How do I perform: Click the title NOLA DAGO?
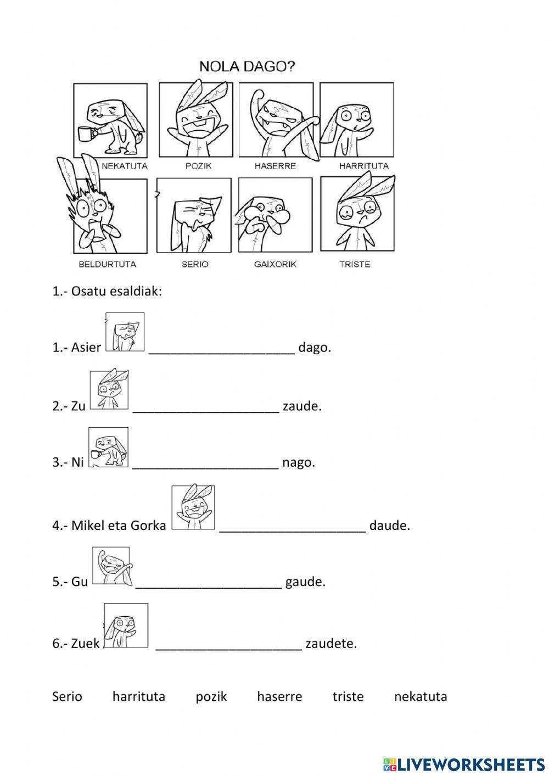[x=247, y=66]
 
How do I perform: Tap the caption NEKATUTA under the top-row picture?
[x=125, y=166]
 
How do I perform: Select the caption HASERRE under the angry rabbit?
[x=276, y=166]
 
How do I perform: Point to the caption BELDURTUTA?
[x=108, y=264]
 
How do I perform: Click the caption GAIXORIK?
[x=276, y=264]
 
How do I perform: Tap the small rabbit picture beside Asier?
[x=125, y=332]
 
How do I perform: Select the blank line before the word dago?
[x=222, y=353]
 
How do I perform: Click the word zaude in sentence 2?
[x=302, y=406]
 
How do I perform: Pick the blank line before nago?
[x=206, y=468]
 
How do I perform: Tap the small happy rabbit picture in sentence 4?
[x=193, y=507]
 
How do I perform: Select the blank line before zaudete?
[x=229, y=650]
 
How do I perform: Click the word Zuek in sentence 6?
[x=85, y=644]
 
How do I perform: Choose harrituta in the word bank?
[x=139, y=697]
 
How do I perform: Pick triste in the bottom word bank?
[x=348, y=697]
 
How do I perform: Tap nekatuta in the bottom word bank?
[x=421, y=697]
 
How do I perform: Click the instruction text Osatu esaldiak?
[x=116, y=292]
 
